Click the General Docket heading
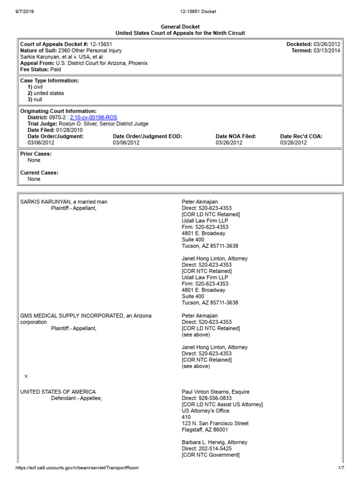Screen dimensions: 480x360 (180, 27)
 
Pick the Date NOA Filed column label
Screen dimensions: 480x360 (236, 136)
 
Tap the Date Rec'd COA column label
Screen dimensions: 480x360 (301, 136)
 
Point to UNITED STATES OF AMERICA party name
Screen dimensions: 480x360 (58, 392)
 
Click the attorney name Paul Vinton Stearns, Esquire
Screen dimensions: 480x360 (216, 392)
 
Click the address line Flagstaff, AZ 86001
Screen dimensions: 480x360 (205, 429)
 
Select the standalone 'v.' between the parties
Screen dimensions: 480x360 (27, 376)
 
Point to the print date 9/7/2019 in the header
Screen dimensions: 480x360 (18, 11)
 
